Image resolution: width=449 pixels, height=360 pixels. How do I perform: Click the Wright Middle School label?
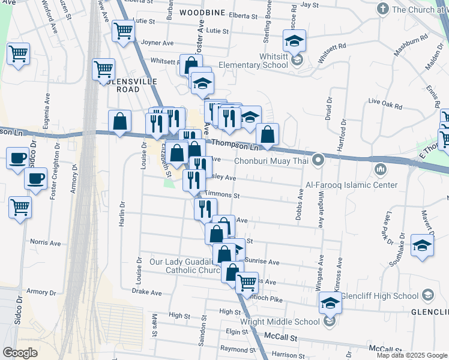pyautogui.click(x=280, y=322)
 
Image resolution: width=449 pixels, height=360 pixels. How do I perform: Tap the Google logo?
pyautogui.click(x=20, y=352)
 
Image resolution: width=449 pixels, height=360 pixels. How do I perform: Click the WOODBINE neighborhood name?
pyautogui.click(x=202, y=13)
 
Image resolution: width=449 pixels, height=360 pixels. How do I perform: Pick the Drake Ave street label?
pyautogui.click(x=147, y=292)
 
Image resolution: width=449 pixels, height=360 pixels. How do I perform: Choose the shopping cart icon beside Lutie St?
pyautogui.click(x=123, y=30)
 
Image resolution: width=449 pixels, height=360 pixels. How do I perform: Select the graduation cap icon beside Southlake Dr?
pyautogui.click(x=423, y=245)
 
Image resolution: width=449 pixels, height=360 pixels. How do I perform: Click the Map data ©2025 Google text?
pyautogui.click(x=411, y=355)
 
